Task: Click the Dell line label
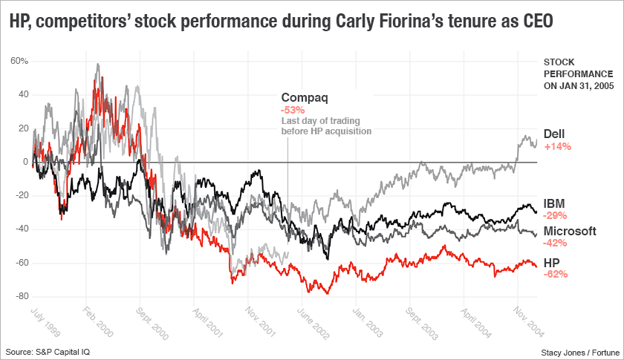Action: [554, 134]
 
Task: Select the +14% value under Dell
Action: [557, 146]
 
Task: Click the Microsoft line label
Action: [570, 231]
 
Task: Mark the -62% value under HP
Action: [556, 274]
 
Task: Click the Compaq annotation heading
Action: [304, 97]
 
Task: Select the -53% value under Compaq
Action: [292, 110]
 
